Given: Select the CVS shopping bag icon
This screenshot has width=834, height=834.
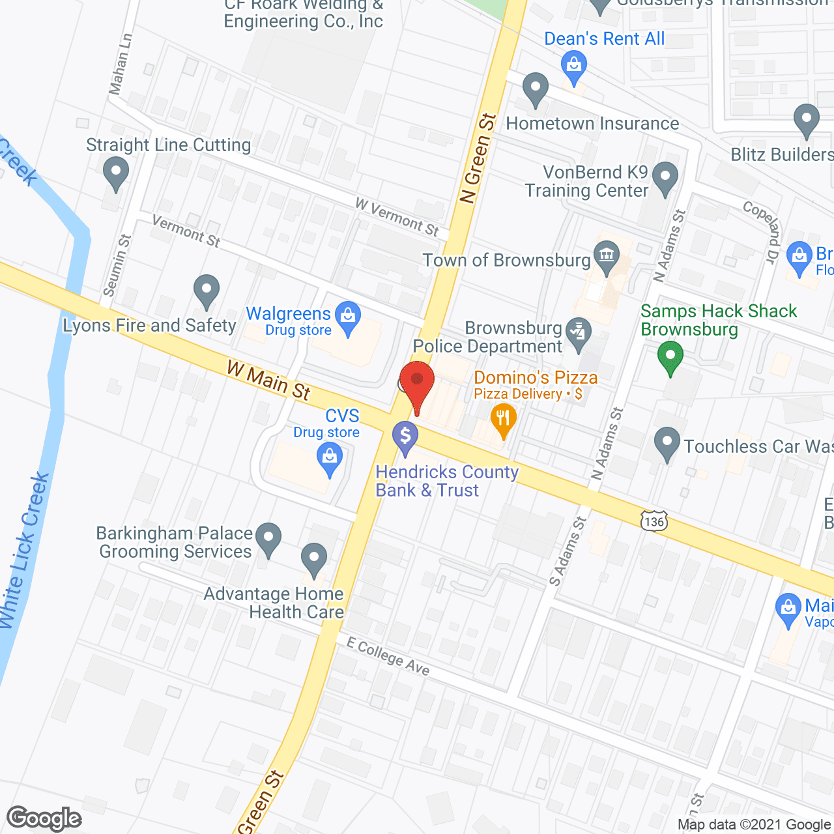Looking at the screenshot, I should (330, 457).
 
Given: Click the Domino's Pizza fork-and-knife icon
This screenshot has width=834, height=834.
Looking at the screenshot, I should (502, 417).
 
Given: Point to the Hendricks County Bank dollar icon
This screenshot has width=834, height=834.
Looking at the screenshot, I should (405, 436).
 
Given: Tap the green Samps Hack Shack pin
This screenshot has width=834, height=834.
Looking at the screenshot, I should (670, 358).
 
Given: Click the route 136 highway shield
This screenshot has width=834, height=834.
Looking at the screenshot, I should (654, 521).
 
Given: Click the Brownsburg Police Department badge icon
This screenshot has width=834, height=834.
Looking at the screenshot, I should (577, 332).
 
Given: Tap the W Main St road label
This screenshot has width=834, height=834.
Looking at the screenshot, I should (268, 381).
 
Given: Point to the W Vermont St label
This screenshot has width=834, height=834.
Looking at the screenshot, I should (397, 216).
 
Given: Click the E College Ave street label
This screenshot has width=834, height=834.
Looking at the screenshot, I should (388, 657).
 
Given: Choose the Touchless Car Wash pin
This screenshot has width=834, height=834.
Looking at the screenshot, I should (667, 442).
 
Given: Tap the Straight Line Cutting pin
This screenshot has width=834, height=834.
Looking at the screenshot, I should (116, 174).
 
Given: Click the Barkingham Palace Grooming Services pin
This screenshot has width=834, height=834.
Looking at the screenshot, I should (268, 538).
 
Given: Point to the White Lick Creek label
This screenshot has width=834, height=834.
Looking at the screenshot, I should (25, 551).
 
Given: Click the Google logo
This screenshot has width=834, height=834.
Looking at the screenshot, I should (44, 818).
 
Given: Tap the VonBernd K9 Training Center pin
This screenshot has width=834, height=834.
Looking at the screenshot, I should (665, 177).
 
